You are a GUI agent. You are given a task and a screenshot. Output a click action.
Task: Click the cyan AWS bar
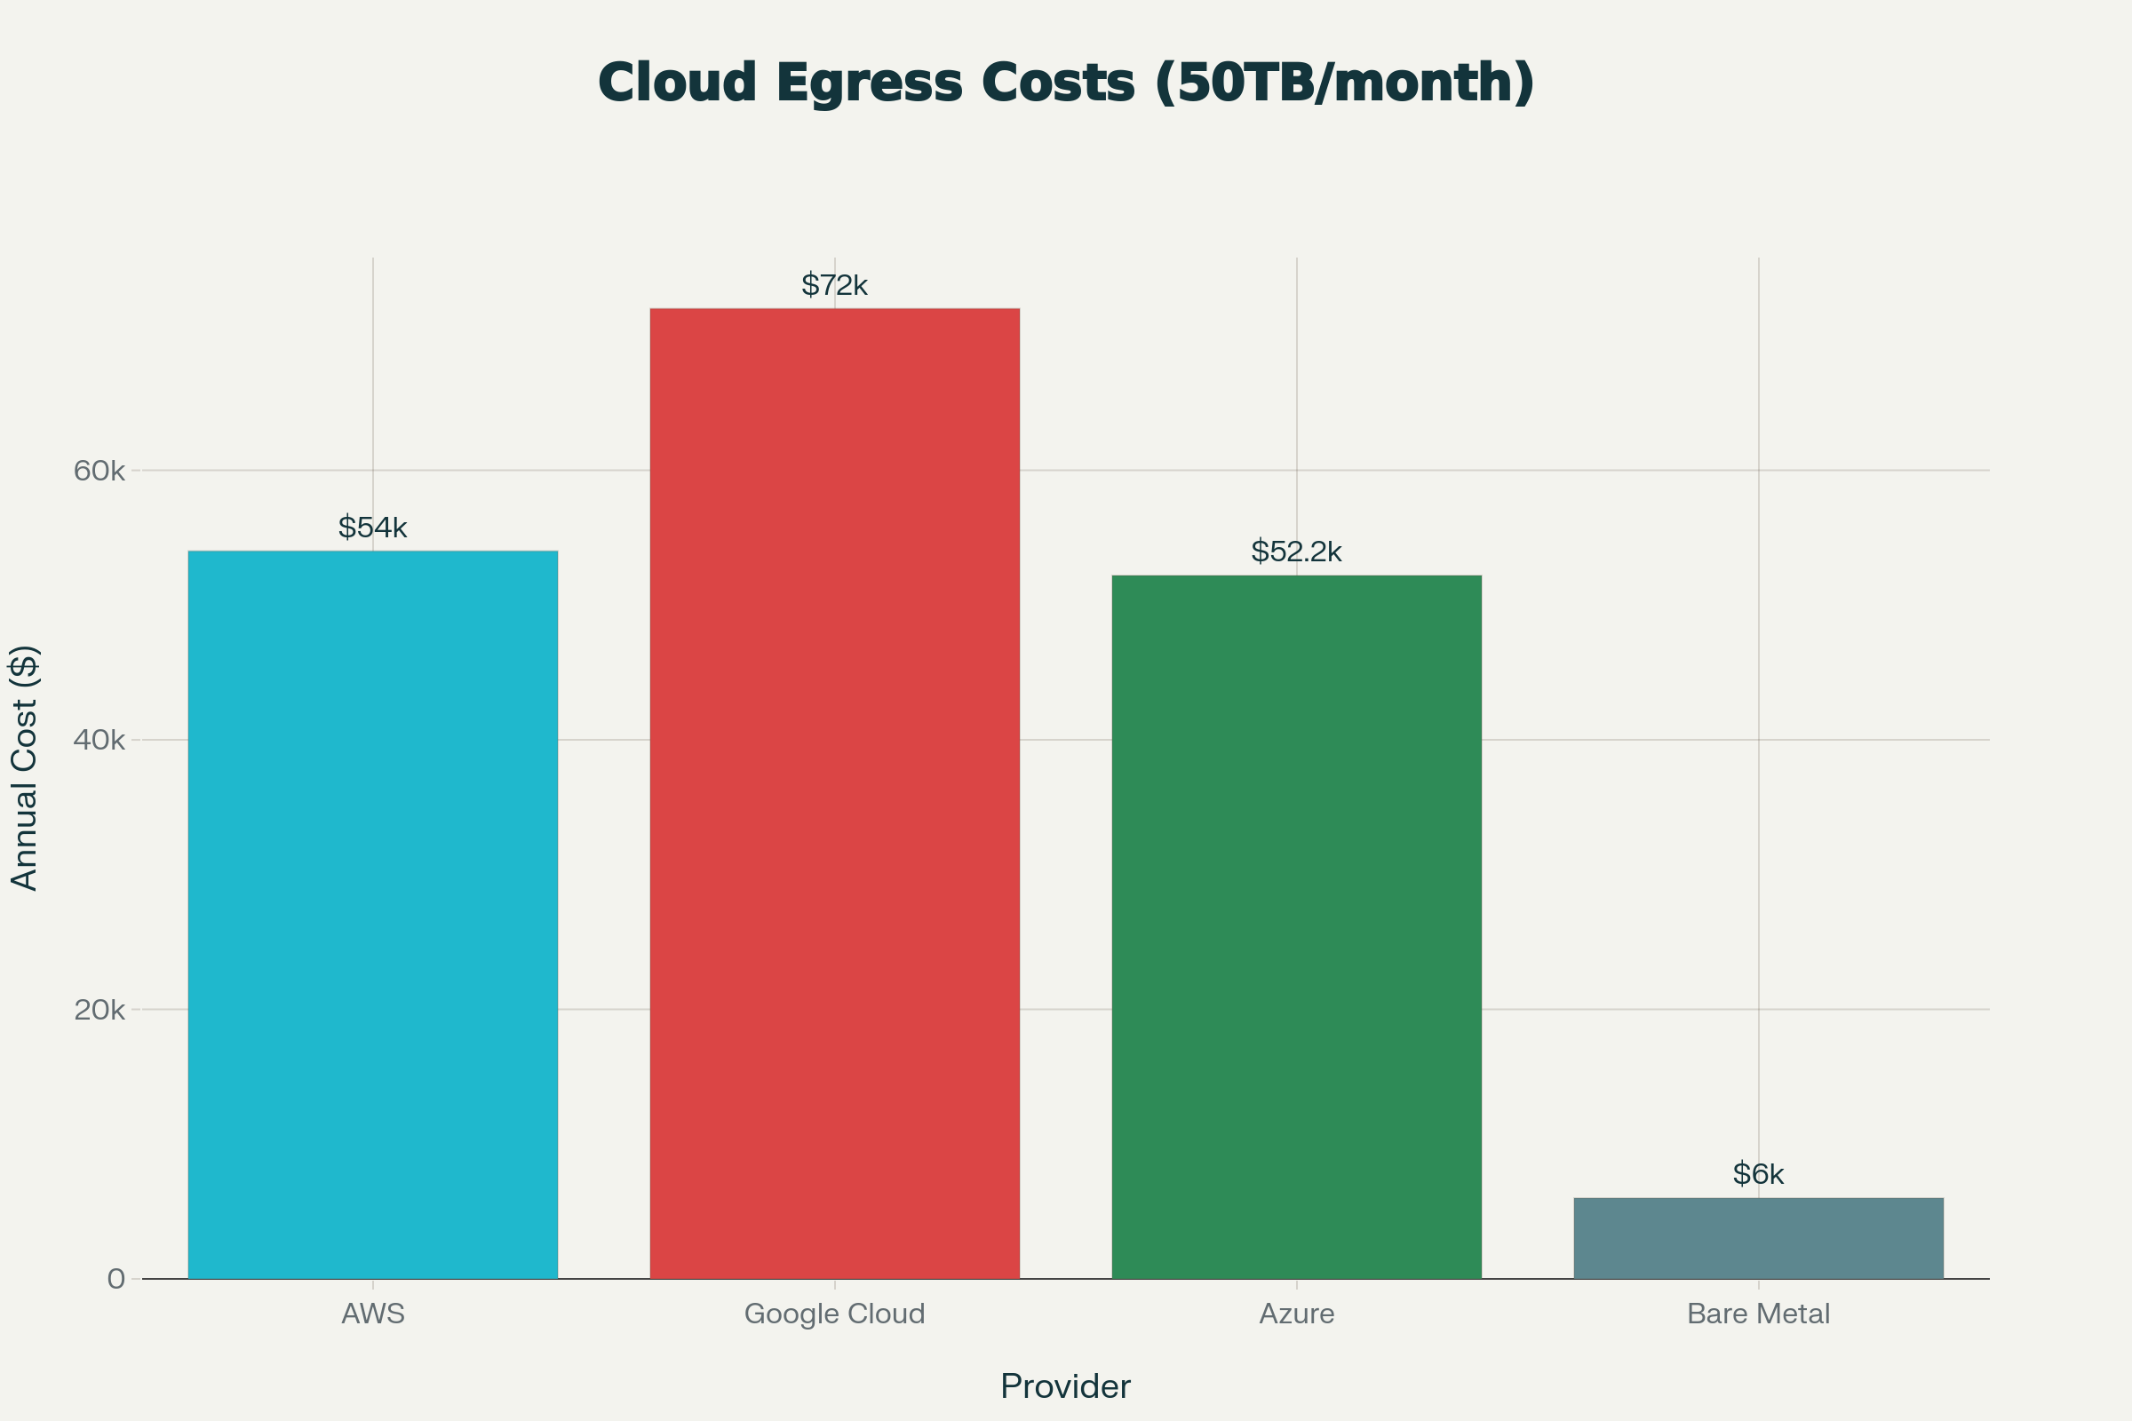pos(372,916)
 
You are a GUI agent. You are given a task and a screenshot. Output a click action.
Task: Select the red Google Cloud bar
pos(834,794)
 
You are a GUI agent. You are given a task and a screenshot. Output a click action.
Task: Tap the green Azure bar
pos(1296,927)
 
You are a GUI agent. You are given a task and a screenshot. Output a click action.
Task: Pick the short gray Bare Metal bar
pos(1759,1238)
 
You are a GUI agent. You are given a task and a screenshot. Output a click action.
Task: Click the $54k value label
pos(372,528)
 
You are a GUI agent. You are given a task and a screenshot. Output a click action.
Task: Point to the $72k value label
pos(834,285)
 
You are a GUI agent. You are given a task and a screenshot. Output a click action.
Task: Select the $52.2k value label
pos(1296,551)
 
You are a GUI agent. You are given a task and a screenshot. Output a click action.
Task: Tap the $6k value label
pos(1759,1174)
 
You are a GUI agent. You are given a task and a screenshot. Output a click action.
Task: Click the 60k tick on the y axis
pos(99,471)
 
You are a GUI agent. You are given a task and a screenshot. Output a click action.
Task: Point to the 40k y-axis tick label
pos(99,740)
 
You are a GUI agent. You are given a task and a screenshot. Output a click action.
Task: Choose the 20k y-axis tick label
pos(99,1010)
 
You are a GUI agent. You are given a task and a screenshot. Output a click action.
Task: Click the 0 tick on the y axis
pos(116,1279)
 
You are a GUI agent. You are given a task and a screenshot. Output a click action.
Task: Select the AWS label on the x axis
pos(372,1314)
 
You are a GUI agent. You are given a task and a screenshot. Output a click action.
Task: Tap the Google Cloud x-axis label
pos(834,1314)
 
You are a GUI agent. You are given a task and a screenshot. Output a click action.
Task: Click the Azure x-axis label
pos(1296,1314)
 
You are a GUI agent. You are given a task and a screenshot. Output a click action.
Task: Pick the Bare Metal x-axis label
pos(1759,1314)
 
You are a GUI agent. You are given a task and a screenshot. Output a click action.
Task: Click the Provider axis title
pos(1065,1386)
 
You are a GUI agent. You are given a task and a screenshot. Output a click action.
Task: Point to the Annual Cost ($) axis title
pos(25,768)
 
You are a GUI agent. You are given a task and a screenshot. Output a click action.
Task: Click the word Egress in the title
pos(869,83)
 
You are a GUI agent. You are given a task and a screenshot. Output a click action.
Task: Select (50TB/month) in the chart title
pos(1344,83)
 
